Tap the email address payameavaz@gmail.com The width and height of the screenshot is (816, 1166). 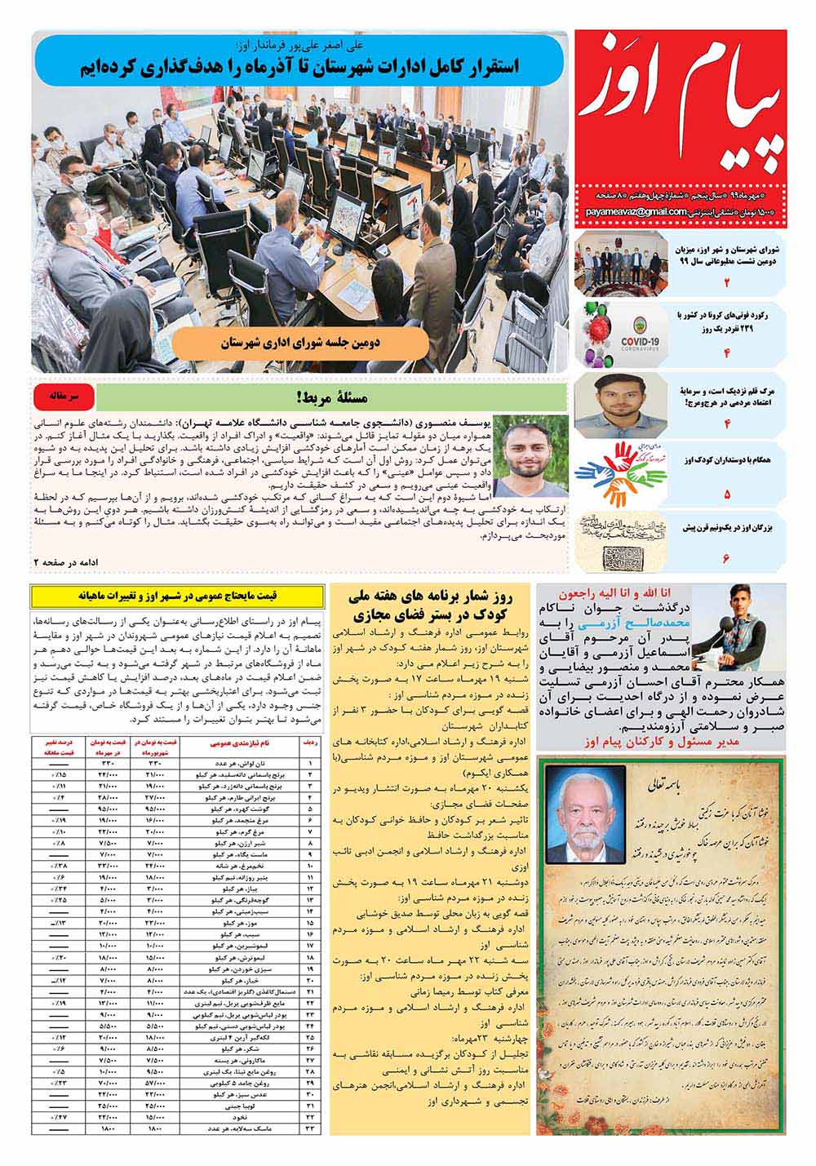635,213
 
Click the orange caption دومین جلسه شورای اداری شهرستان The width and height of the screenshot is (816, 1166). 302,344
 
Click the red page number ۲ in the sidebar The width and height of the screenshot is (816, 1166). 727,283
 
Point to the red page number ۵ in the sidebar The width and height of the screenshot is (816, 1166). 727,494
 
